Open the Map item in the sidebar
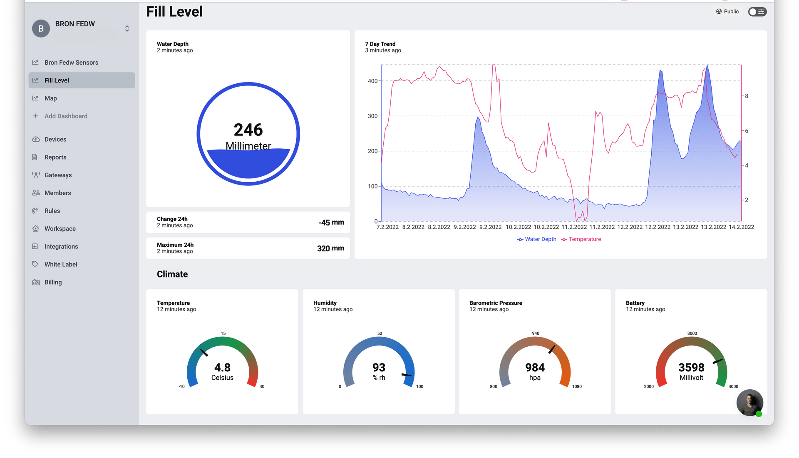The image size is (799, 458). click(50, 98)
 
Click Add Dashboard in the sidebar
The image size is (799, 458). click(66, 116)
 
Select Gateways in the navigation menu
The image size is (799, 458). click(58, 175)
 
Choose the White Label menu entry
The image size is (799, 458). click(61, 264)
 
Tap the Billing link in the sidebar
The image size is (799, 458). click(53, 282)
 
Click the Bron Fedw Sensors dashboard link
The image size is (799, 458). click(71, 63)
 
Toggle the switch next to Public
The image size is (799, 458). click(757, 12)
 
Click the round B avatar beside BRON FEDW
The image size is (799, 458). click(41, 29)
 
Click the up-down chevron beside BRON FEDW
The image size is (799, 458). click(127, 28)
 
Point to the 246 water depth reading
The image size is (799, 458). click(248, 130)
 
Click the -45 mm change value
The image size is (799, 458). click(331, 223)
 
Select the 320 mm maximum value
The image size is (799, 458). click(330, 248)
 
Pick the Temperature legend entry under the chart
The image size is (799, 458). click(581, 239)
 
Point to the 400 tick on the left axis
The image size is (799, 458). click(372, 81)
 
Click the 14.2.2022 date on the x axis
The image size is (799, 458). click(741, 227)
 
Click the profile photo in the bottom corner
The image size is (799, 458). click(749, 403)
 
